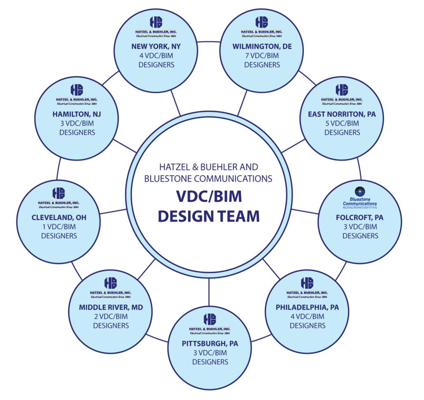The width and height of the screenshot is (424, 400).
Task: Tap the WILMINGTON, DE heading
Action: [262, 47]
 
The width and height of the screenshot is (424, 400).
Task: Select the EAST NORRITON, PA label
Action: [342, 114]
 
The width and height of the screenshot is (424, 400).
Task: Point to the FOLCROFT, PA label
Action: [360, 218]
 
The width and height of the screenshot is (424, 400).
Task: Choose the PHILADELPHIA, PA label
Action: [307, 307]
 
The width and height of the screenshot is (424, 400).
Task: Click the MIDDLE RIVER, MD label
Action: [111, 307]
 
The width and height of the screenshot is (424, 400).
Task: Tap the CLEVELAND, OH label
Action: [59, 218]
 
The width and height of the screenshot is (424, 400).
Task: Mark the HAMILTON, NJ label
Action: [77, 114]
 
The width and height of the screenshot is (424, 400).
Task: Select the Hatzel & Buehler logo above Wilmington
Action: [262, 26]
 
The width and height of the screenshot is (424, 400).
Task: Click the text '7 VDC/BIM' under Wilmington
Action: [262, 56]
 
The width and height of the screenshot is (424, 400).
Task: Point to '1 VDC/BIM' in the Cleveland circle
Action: [59, 227]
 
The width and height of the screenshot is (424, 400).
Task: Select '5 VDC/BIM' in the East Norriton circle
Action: [342, 123]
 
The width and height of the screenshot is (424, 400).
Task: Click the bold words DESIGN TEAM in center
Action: [209, 215]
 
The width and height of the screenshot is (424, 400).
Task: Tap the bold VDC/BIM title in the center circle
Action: [209, 196]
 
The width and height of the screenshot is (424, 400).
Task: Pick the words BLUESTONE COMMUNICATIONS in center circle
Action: [209, 178]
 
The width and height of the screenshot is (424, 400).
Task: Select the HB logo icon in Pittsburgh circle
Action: [210, 318]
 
